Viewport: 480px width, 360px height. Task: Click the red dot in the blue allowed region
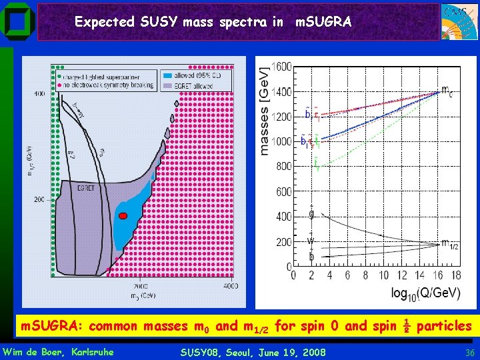123,216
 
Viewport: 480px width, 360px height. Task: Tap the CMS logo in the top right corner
459,21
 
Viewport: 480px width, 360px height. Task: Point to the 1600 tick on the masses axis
281,67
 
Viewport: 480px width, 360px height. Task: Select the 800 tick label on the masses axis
284,167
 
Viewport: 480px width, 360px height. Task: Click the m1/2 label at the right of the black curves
449,244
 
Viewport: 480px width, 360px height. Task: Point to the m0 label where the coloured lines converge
447,91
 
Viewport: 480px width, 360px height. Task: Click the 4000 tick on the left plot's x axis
229,285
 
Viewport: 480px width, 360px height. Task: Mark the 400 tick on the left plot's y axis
40,94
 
